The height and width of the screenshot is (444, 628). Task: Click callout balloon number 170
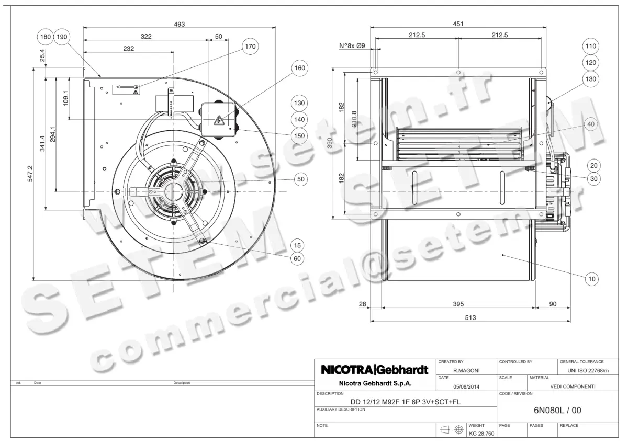[x=251, y=47]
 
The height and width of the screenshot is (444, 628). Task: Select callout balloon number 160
[x=300, y=68]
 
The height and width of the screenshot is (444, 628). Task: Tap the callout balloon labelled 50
[x=300, y=179]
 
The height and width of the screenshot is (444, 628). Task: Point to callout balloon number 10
[x=592, y=279]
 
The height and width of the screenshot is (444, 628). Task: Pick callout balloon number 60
[x=297, y=258]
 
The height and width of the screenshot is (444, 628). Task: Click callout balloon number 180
[x=46, y=37]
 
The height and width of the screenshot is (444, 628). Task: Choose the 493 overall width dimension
[x=180, y=24]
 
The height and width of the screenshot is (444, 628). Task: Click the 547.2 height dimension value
[x=30, y=174]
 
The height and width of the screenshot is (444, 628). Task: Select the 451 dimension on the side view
[x=458, y=24]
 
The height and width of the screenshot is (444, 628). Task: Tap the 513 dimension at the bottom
[x=470, y=317]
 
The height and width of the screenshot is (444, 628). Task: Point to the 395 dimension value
[x=458, y=303]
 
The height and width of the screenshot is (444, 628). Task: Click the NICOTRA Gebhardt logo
[x=375, y=370]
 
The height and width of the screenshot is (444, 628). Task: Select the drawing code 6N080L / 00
[x=557, y=411]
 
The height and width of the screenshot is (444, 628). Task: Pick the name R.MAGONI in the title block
[x=467, y=370]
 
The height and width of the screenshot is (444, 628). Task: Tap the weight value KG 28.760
[x=480, y=433]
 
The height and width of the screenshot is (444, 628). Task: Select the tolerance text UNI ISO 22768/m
[x=588, y=370]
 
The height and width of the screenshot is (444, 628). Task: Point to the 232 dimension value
[x=129, y=48]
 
